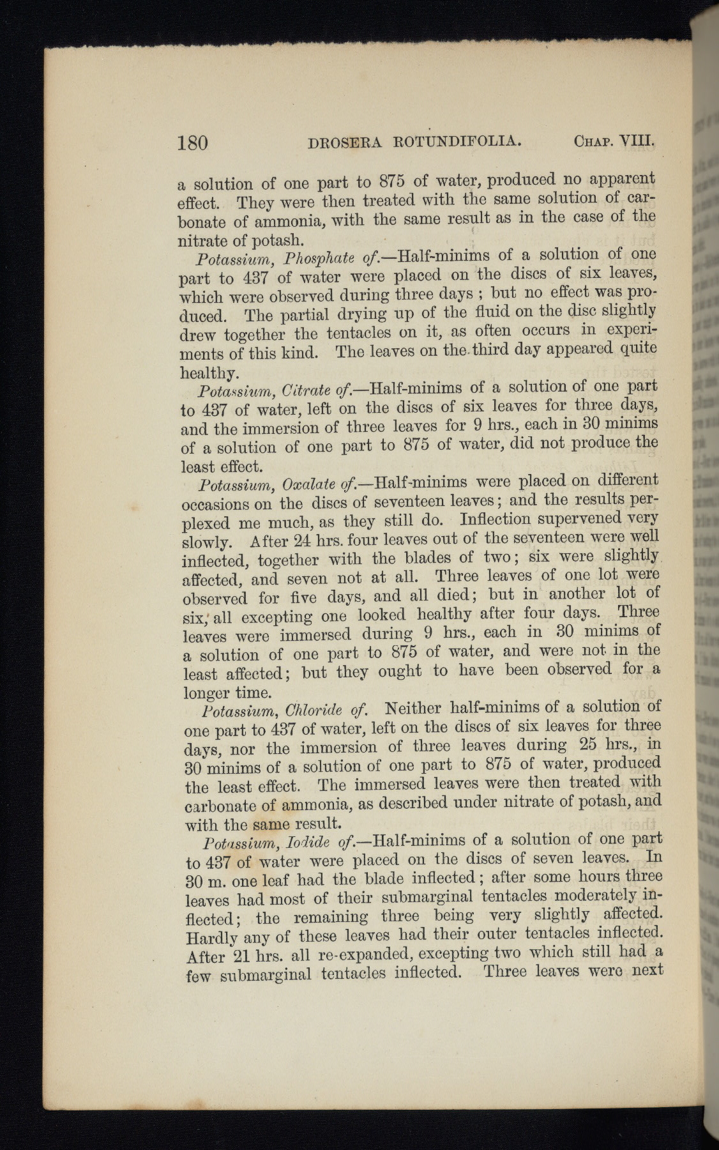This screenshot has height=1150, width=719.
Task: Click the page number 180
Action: [x=192, y=141]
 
